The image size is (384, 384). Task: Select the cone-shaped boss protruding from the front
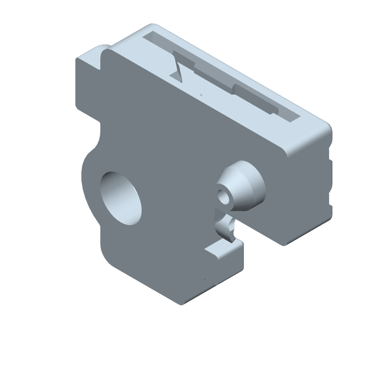[x=242, y=185]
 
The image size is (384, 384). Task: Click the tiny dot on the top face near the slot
[x=201, y=95]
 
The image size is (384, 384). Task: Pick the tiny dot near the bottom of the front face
[x=205, y=279]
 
